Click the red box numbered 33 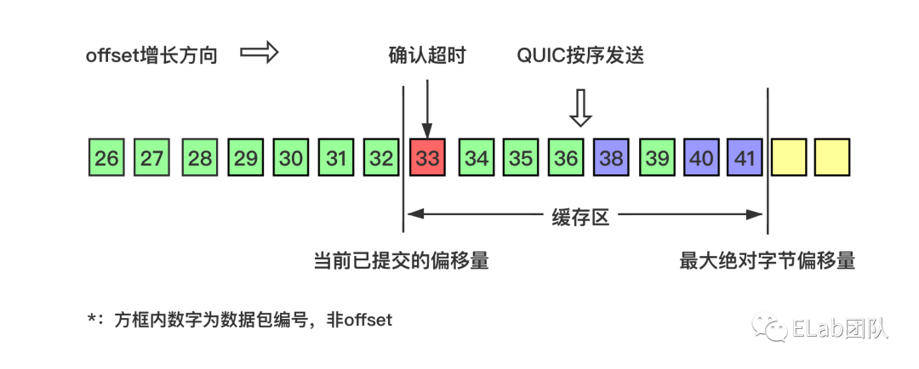point(427,158)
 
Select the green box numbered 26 point(106,158)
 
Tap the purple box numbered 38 point(611,158)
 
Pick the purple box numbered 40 point(702,158)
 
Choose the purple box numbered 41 point(745,158)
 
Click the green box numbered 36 point(566,158)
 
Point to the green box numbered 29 point(245,158)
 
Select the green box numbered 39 point(657,158)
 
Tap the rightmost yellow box point(832,158)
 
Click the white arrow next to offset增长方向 point(260,54)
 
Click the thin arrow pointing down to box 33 point(427,106)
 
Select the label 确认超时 point(427,56)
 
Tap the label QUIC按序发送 point(580,56)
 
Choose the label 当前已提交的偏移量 point(402,260)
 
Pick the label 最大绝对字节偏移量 point(767,260)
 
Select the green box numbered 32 point(381,158)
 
